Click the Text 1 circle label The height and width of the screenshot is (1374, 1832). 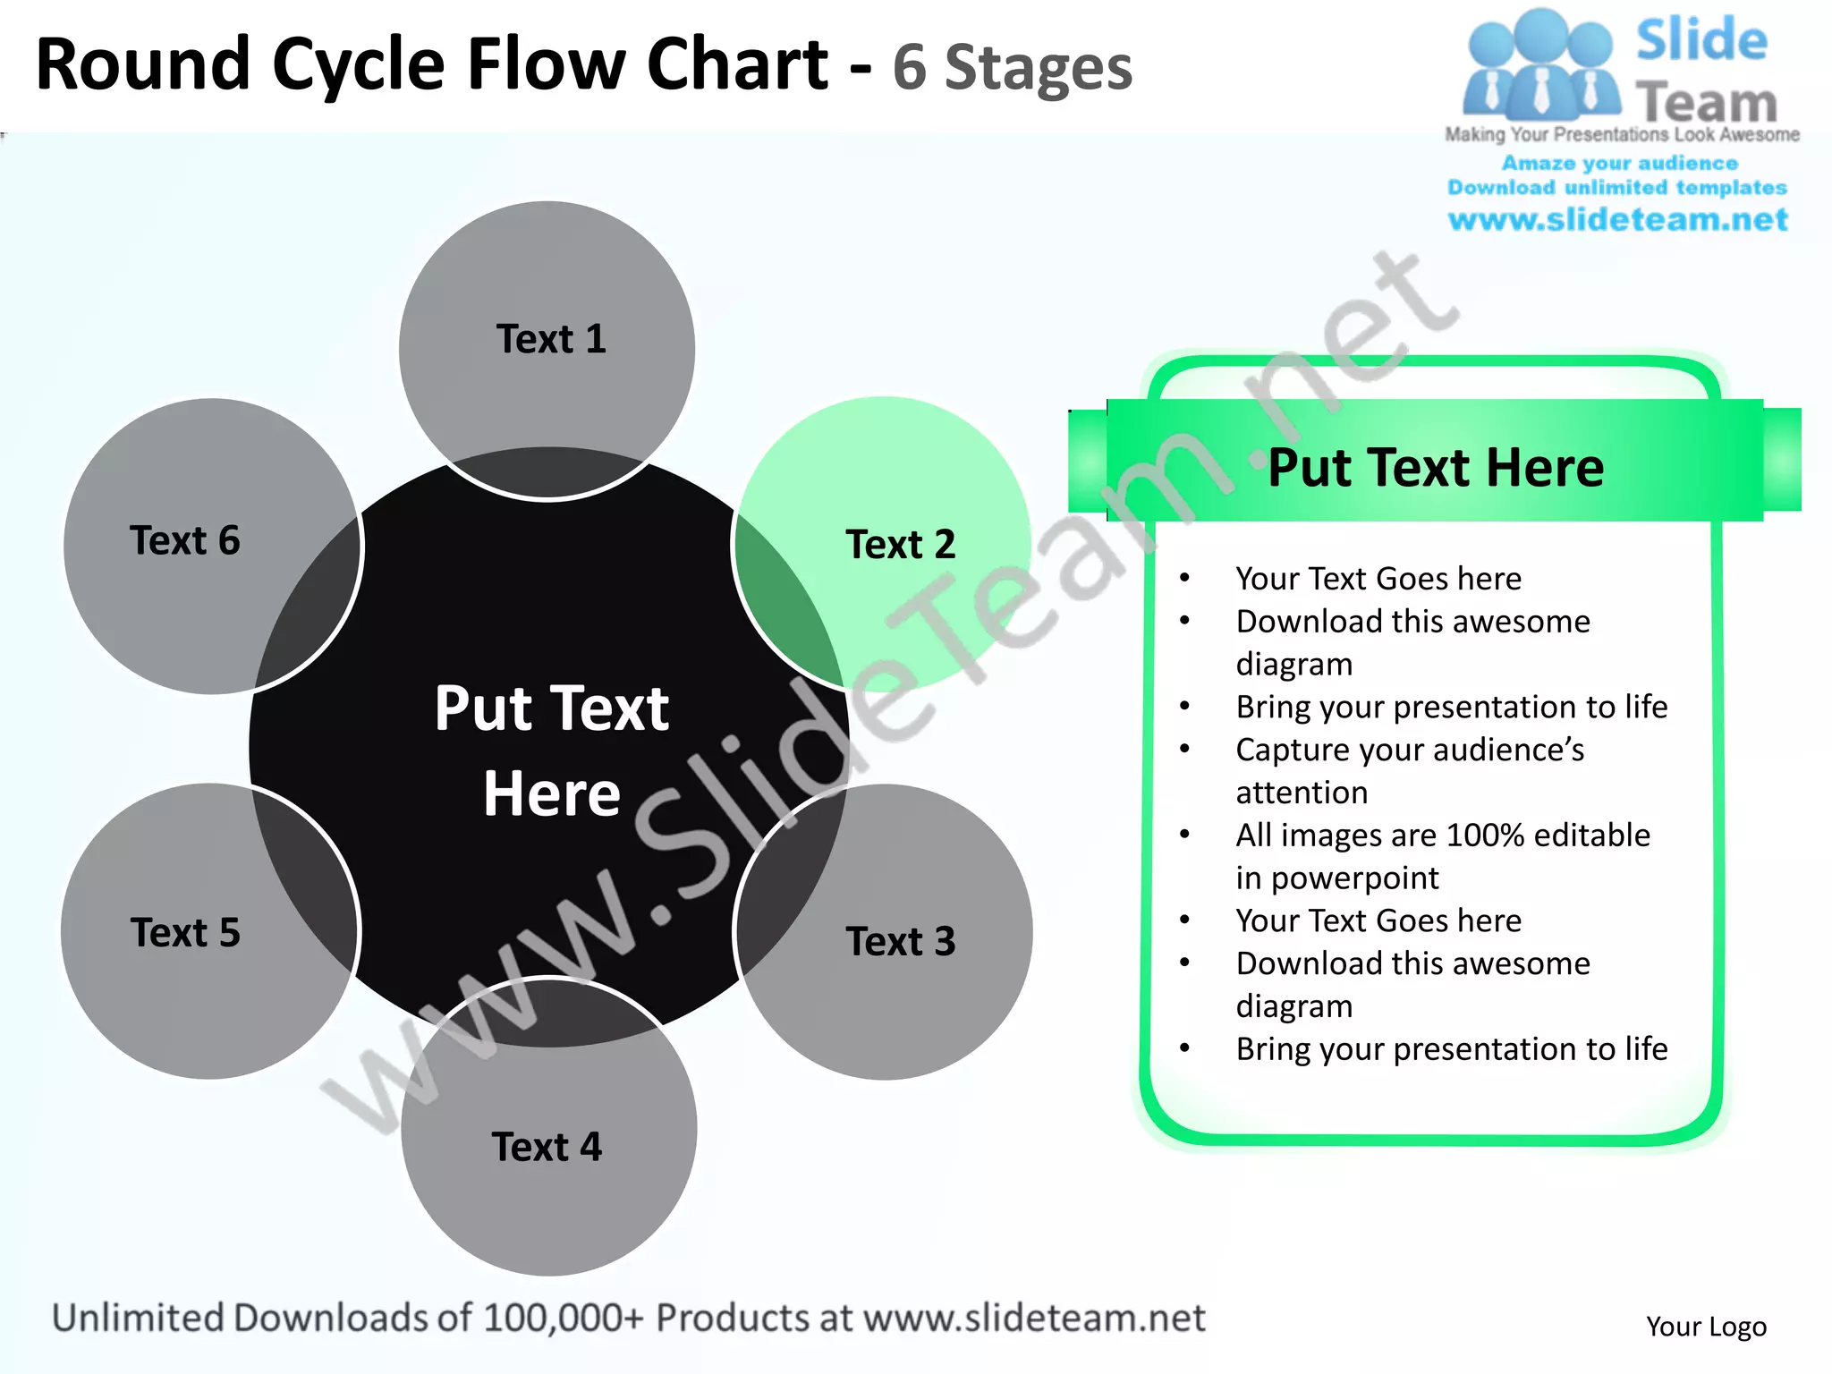551,339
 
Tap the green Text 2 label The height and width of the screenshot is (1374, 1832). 900,544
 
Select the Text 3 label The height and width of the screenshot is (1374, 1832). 900,941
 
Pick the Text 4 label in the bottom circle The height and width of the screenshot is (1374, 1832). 547,1147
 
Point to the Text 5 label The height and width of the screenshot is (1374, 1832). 185,933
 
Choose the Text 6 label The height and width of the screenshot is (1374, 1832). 185,540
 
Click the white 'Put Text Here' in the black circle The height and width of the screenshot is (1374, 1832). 552,750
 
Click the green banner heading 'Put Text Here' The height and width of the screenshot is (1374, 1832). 1436,467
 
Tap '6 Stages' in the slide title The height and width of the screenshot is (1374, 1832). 1012,68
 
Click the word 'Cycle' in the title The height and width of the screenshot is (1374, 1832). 358,64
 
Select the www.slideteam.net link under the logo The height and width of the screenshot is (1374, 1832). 1617,219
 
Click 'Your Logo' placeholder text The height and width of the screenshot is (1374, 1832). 1706,1326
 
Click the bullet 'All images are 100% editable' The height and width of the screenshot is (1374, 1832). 1442,835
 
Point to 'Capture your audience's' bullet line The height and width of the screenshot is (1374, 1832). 1410,750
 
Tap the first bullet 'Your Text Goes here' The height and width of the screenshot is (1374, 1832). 1378,579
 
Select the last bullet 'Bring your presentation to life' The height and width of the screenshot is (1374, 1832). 1451,1048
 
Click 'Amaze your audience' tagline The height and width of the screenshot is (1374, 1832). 1619,163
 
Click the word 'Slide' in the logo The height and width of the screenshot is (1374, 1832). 1701,40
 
